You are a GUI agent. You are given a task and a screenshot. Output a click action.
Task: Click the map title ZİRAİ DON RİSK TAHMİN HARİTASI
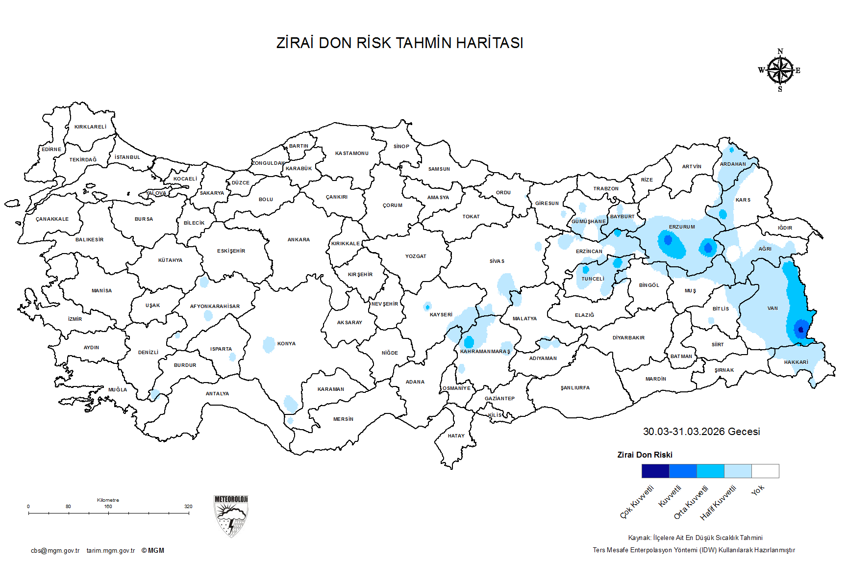(399, 43)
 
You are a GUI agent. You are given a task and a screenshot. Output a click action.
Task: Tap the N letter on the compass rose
(780, 51)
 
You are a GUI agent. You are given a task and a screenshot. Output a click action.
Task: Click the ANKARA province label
(299, 240)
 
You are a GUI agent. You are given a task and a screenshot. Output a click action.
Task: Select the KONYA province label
(286, 344)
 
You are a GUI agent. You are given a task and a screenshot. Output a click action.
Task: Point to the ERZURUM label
(682, 227)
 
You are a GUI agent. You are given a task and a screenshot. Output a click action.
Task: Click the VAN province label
(772, 308)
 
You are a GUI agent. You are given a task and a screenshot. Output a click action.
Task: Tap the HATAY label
(456, 436)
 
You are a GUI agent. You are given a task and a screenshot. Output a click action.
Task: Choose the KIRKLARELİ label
(90, 127)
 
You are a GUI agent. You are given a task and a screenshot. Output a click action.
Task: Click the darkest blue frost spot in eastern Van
(801, 330)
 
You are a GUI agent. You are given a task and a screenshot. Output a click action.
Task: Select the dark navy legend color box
(655, 471)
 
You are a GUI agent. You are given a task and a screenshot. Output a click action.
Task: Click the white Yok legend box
(765, 471)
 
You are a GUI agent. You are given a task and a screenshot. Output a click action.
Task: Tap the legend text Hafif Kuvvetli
(718, 503)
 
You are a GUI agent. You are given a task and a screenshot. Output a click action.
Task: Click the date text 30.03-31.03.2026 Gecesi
(701, 432)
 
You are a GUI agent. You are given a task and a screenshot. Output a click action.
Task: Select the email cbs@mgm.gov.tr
(55, 551)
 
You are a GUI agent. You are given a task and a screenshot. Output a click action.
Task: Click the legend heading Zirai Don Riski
(645, 455)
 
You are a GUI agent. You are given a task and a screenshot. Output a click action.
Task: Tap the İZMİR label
(75, 319)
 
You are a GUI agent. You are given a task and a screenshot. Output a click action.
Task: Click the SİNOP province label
(401, 147)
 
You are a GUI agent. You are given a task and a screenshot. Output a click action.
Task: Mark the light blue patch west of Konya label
(269, 345)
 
